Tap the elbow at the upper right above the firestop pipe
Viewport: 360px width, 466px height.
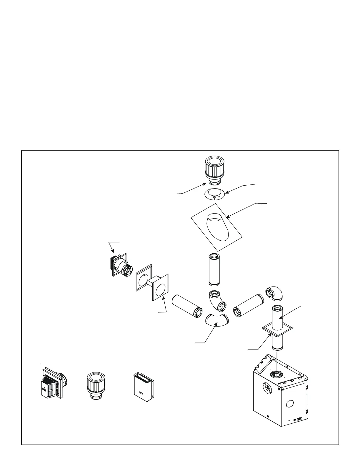(x=274, y=294)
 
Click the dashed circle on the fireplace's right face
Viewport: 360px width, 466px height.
(x=290, y=404)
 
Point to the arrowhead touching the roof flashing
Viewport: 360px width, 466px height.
(x=227, y=217)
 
